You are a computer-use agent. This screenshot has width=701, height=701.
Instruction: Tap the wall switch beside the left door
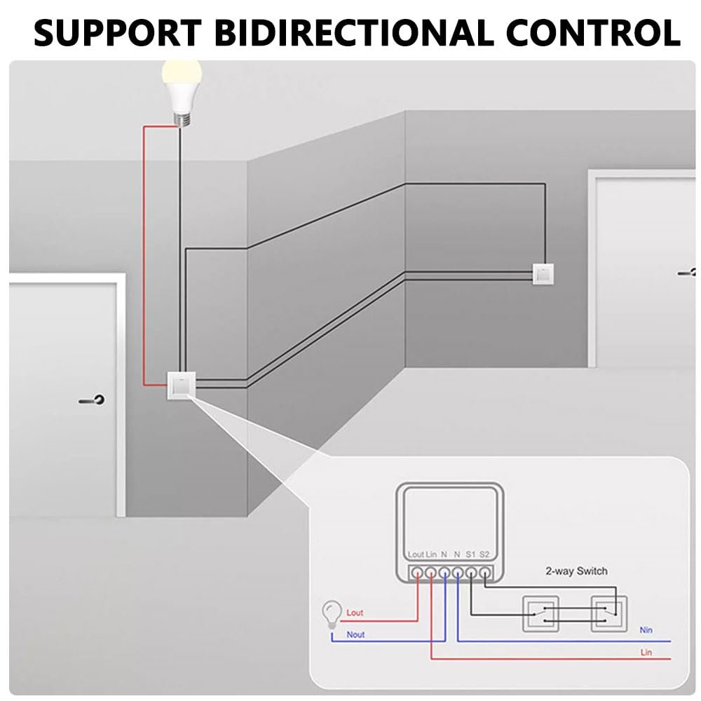click(x=181, y=385)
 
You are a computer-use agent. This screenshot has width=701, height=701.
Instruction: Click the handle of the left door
click(x=93, y=401)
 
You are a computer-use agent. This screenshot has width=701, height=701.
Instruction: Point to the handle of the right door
click(x=689, y=272)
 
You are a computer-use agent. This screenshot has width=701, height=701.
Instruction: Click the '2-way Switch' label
click(x=576, y=571)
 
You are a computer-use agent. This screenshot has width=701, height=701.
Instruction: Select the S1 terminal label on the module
click(x=471, y=554)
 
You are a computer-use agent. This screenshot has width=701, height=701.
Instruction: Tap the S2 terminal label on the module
click(x=484, y=554)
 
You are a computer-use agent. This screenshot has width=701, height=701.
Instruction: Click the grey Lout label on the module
click(x=416, y=554)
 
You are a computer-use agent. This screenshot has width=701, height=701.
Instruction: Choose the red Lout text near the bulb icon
click(x=355, y=613)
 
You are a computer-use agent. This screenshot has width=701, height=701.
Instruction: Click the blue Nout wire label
click(x=355, y=634)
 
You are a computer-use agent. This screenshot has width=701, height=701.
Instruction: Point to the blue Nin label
click(x=646, y=630)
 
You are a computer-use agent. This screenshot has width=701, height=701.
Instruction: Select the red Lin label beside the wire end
click(x=646, y=652)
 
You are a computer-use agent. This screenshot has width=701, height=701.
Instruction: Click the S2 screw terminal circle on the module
click(x=484, y=572)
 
